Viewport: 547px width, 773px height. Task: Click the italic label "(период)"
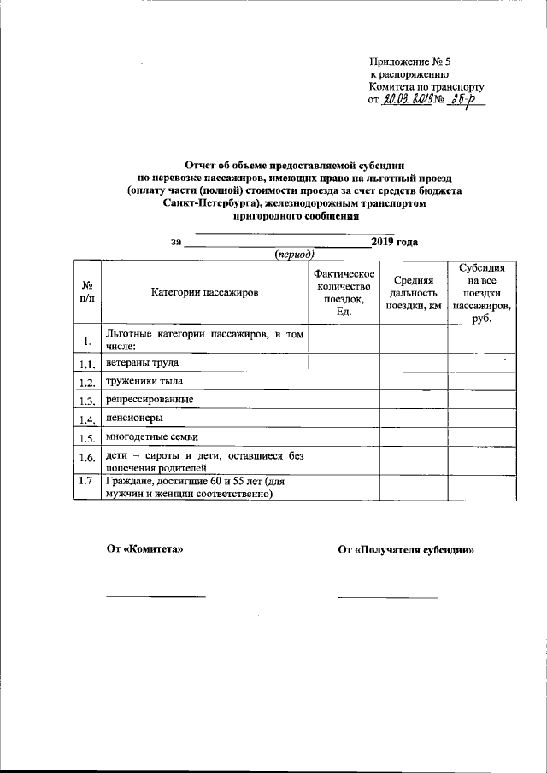click(295, 255)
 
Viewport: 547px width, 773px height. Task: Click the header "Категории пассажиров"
click(204, 292)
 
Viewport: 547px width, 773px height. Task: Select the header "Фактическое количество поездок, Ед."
click(344, 292)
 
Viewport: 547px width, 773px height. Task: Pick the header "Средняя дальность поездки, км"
click(414, 293)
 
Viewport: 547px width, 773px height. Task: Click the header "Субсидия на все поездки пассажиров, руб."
click(482, 292)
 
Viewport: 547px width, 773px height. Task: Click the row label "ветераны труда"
click(142, 363)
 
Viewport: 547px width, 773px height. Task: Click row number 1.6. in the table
click(86, 459)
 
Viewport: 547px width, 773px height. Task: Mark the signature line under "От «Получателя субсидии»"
click(387, 596)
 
